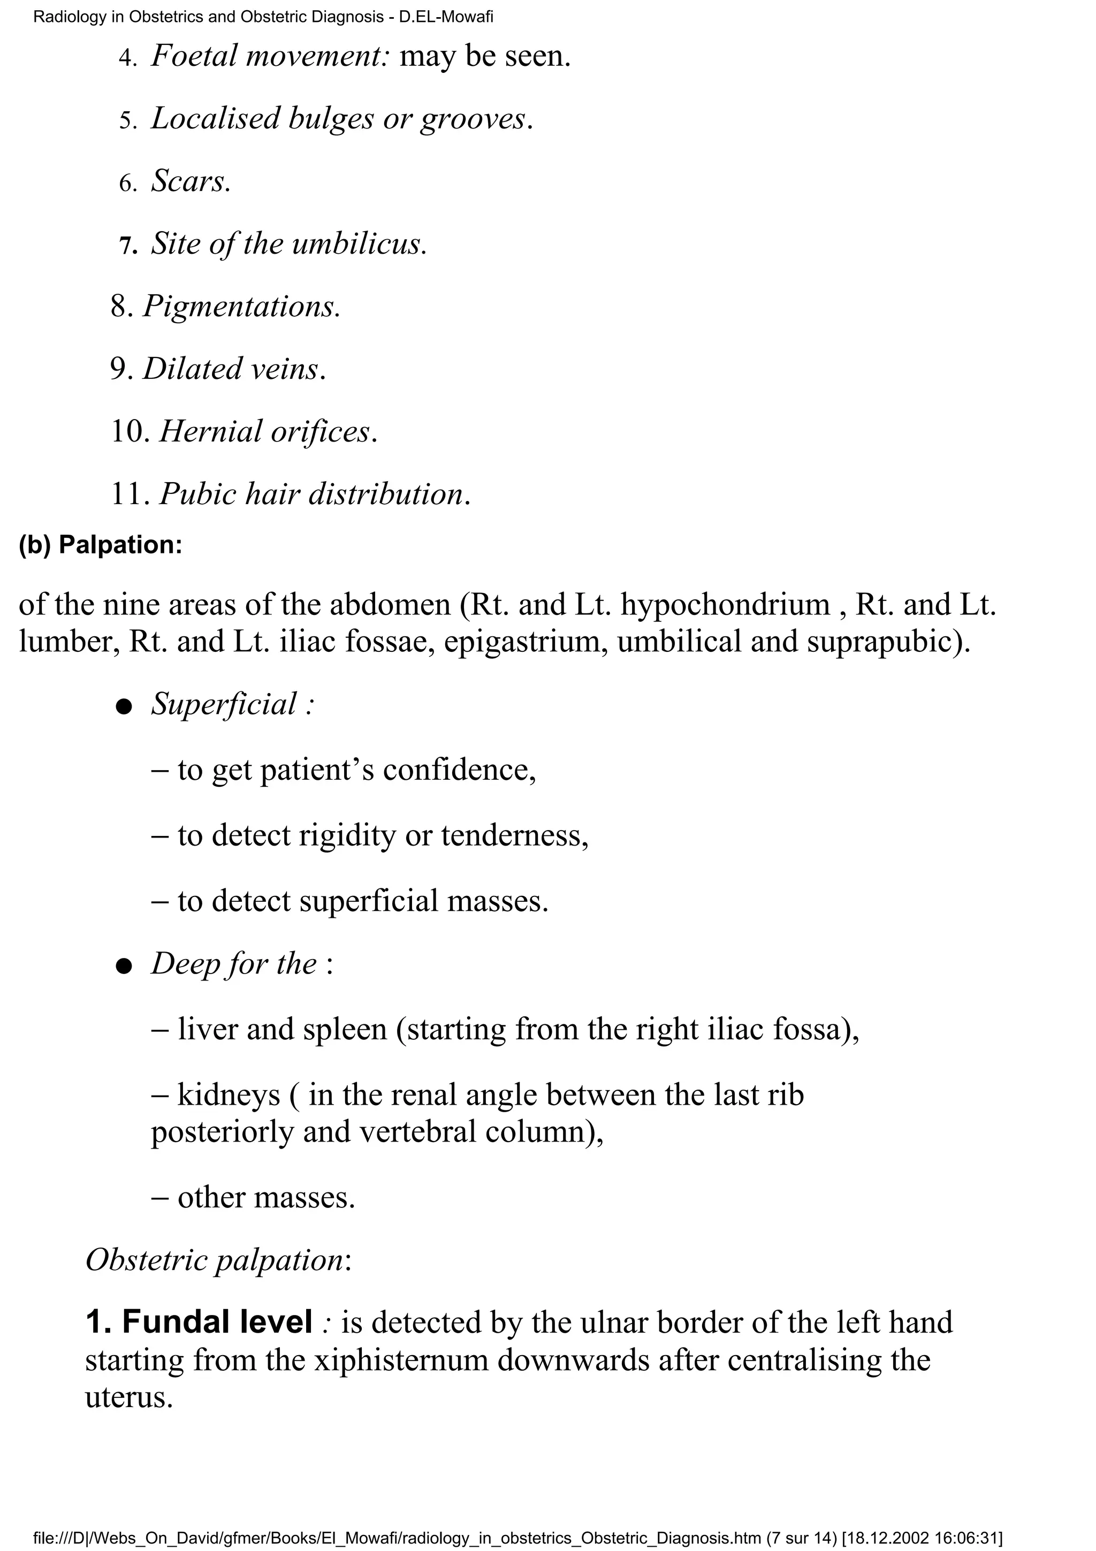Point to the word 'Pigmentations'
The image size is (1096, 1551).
point(239,307)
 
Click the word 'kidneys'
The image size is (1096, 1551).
point(229,1095)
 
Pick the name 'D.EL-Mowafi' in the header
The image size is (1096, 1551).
point(446,17)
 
